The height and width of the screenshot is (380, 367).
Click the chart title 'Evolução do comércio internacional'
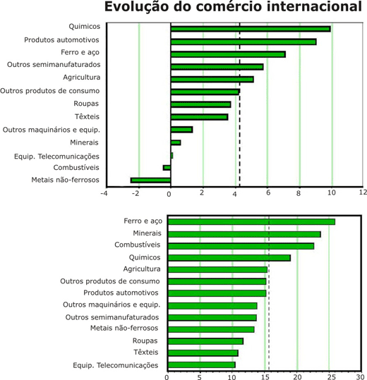tap(233, 6)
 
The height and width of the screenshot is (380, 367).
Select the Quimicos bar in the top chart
tap(251, 29)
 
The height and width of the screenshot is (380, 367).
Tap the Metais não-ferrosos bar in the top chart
tap(150, 180)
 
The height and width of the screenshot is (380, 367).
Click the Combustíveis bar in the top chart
tap(167, 168)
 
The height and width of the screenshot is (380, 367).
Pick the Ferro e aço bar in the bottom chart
tap(251, 222)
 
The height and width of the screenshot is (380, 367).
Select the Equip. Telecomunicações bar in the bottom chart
tap(201, 364)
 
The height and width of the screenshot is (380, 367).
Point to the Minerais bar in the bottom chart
tap(244, 234)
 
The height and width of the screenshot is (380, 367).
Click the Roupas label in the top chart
tap(86, 104)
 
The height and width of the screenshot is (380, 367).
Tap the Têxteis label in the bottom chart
tap(146, 352)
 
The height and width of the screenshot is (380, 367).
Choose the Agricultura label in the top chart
tap(81, 78)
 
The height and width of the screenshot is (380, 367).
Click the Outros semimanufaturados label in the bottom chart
tap(112, 317)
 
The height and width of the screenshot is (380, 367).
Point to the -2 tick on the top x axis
tap(136, 193)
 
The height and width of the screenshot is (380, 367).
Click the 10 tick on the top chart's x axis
tap(332, 192)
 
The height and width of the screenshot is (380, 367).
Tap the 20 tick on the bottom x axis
tap(297, 377)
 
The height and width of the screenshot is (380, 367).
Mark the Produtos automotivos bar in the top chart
tap(243, 42)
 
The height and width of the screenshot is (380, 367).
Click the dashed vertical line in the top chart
tap(240, 104)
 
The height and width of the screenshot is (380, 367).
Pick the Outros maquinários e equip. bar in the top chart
tap(181, 130)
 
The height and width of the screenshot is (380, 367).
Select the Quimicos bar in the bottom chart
tap(229, 258)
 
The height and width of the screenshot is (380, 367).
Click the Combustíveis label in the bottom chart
tap(138, 245)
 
